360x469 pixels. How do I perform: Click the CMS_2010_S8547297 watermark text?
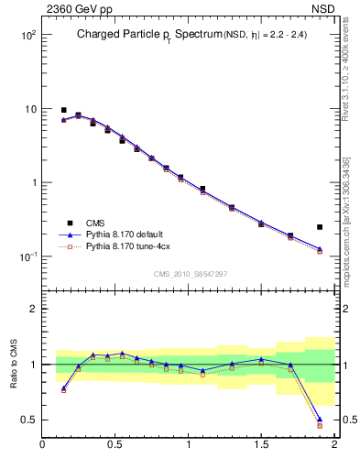click(x=190, y=274)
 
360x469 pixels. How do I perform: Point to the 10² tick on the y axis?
click(x=26, y=35)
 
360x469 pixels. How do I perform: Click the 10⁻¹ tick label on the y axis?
click(x=25, y=256)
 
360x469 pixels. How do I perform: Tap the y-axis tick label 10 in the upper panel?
click(x=28, y=109)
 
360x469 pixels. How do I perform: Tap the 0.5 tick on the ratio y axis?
click(x=27, y=420)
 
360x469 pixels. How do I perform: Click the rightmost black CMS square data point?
click(x=320, y=226)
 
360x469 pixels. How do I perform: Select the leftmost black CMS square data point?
click(x=63, y=110)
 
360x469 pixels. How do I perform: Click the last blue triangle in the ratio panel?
click(x=320, y=420)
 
